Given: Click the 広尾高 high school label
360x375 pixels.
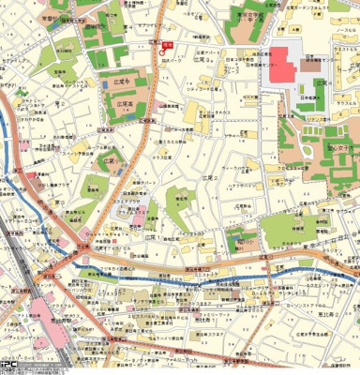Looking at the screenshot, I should [x=118, y=104].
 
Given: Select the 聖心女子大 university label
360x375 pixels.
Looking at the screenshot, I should [x=338, y=147].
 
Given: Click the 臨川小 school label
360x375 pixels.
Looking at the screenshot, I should [x=246, y=240].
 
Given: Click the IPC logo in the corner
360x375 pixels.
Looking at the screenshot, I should [x=7, y=368].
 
